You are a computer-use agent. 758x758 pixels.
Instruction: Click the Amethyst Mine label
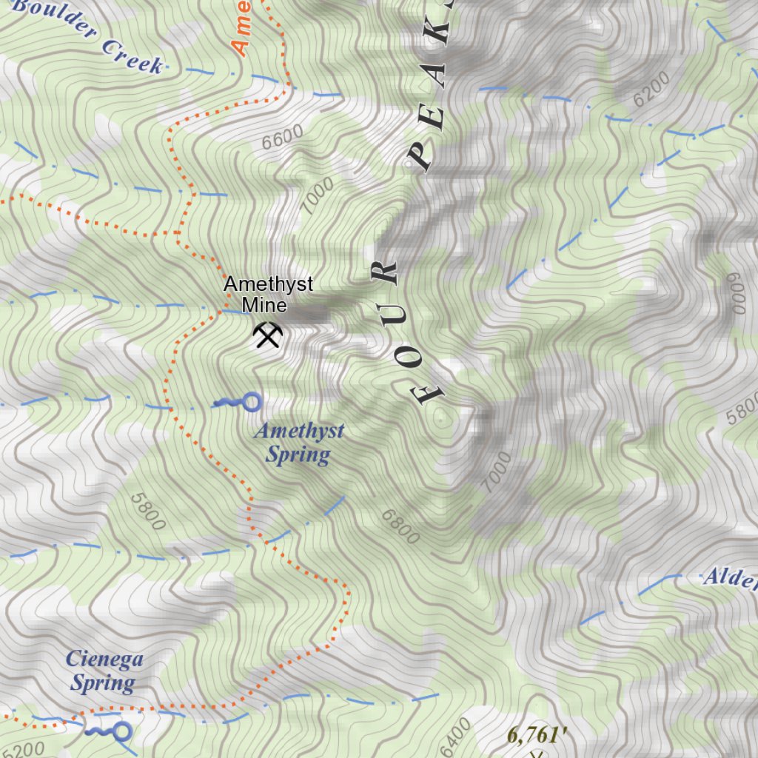click(268, 294)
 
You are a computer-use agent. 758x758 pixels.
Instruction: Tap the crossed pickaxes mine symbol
click(267, 335)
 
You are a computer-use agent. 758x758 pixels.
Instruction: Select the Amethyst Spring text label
click(298, 443)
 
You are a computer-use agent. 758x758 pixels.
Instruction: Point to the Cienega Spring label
click(104, 671)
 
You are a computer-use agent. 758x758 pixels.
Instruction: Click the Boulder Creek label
click(87, 37)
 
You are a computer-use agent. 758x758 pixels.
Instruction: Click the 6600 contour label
click(282, 136)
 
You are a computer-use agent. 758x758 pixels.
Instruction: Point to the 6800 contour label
click(400, 526)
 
